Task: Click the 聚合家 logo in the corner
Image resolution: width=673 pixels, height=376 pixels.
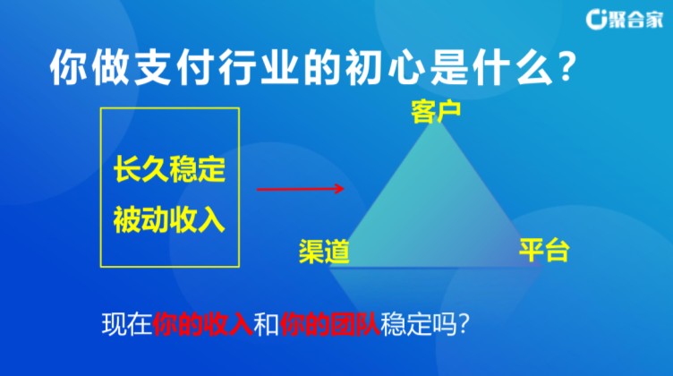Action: pos(625,20)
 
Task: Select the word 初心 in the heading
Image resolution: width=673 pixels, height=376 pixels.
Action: pos(384,67)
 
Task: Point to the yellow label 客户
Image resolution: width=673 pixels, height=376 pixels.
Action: pos(436,112)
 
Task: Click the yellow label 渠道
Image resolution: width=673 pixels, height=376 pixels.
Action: pos(324,251)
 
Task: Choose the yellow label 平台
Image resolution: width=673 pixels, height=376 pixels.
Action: pos(544,250)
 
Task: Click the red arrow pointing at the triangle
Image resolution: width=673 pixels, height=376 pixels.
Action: pos(301,189)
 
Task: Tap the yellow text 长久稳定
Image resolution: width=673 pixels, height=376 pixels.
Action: pos(169,169)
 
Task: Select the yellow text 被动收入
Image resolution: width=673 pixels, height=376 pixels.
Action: pos(169,219)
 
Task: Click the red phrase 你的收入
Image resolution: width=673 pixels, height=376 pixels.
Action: pos(202,324)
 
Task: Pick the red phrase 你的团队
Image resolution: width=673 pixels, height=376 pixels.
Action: pos(329,324)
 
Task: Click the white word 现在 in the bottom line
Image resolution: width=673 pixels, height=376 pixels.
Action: pos(127,324)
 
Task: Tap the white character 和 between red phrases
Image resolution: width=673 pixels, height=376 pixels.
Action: pos(266,324)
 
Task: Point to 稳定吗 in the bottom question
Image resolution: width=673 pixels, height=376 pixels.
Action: pos(419,324)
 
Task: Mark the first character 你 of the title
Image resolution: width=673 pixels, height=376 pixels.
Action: pos(68,67)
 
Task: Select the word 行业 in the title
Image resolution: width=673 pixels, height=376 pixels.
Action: pos(258,67)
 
